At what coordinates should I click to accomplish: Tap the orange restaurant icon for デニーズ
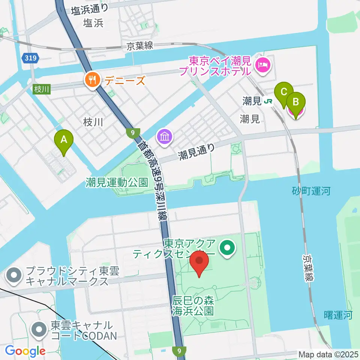point(92,80)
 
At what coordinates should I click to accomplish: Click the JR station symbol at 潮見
point(268,101)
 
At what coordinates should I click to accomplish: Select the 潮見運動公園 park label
point(117,183)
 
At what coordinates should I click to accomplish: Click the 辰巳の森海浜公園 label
point(193,306)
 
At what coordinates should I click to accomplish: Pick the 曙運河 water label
point(337,315)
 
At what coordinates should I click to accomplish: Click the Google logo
point(25,351)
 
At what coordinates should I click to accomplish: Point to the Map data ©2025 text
point(328,354)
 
